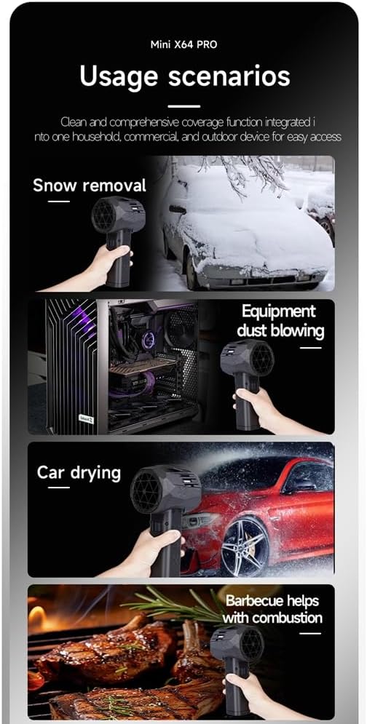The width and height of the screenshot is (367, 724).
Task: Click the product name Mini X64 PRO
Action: (183, 45)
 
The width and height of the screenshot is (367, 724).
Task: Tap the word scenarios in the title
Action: (229, 76)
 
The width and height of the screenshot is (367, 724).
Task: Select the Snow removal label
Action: (90, 186)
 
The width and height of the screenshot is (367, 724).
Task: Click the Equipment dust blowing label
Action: (280, 321)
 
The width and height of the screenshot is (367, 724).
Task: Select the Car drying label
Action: (79, 473)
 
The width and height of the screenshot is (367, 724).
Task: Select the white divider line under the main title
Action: (183, 106)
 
